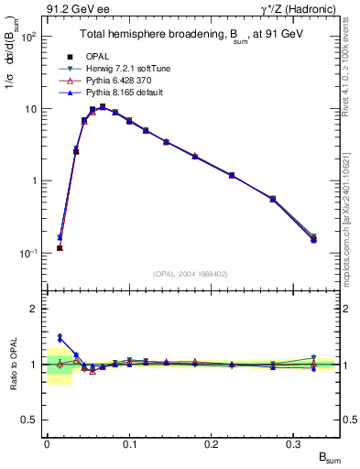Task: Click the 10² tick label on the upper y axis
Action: click(x=28, y=37)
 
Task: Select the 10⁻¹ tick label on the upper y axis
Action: click(x=28, y=253)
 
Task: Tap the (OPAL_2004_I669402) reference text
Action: click(x=191, y=274)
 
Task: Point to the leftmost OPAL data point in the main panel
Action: click(x=60, y=247)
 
